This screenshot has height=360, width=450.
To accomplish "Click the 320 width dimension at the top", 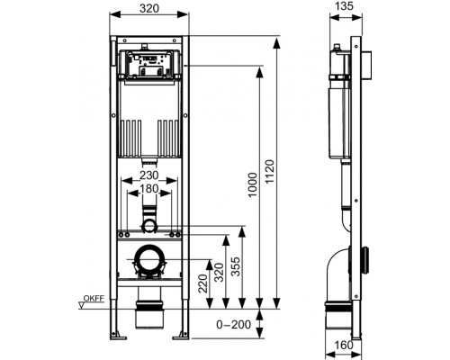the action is coord(149,8).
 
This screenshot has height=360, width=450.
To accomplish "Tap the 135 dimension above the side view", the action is coord(344,6).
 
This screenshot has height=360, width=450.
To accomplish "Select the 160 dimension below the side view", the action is coord(344,346).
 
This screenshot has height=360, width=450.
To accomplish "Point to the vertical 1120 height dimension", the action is coord(270,172).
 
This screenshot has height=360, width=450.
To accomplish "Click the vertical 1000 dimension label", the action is coord(253,184).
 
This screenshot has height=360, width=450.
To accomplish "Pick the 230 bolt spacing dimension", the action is coord(149,175).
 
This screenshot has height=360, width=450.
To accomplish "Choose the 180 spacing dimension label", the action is coord(149,189).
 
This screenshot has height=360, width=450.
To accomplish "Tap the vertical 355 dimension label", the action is coord(236,266).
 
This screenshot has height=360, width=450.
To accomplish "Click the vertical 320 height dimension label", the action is coord(220,272).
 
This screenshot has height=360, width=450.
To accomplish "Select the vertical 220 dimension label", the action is coord(203,283).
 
